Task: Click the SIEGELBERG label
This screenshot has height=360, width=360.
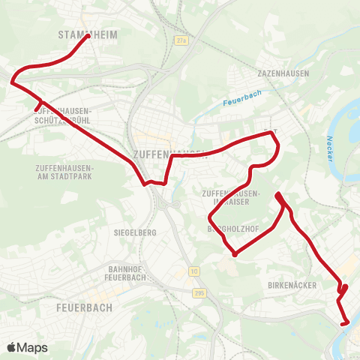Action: pos(135,232)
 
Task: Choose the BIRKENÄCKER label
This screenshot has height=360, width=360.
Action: pos(292,286)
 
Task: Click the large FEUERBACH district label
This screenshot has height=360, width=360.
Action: pos(85,307)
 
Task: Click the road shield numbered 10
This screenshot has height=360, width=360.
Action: pos(194,270)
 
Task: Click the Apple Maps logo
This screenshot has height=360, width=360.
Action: pos(27,347)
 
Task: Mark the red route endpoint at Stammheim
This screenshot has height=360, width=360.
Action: pos(88,36)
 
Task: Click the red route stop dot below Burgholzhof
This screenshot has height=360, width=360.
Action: pos(235,254)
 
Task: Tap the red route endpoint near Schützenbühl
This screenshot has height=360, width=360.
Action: pos(36,110)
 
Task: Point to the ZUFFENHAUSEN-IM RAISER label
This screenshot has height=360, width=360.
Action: pos(231,198)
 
